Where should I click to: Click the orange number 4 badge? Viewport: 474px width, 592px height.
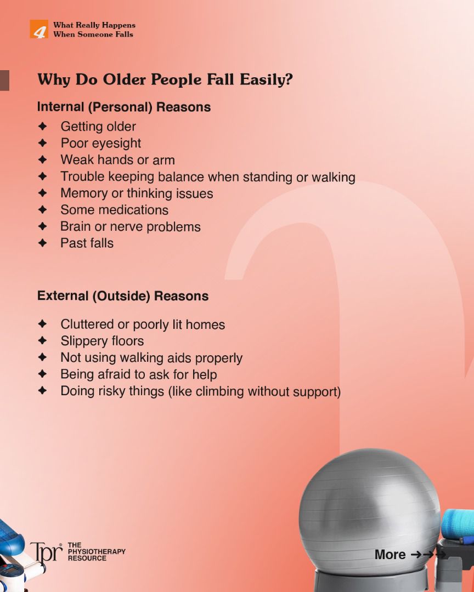point(39,29)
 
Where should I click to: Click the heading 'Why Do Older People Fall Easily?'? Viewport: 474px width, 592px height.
point(165,79)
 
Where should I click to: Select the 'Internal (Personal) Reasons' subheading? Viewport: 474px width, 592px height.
point(124,107)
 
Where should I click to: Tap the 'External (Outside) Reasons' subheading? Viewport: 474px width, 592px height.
point(123,296)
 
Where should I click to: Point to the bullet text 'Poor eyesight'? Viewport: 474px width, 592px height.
point(100,144)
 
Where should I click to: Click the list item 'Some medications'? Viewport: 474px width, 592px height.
point(115,210)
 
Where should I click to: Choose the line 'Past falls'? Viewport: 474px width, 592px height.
point(87,243)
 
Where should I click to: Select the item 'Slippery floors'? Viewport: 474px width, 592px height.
point(102,341)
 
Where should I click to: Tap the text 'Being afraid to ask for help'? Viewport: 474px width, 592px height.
point(139,374)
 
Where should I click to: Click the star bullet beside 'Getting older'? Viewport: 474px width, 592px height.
point(43,126)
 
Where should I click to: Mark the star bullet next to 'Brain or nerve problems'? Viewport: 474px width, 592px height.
point(43,226)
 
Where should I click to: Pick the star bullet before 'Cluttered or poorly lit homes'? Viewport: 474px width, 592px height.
point(43,323)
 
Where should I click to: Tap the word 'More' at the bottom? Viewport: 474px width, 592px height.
point(390,555)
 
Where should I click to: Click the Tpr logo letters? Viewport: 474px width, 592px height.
point(46,553)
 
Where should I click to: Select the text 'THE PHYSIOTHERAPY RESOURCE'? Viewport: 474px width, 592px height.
point(97,551)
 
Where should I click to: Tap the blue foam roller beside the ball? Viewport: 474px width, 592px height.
point(458,525)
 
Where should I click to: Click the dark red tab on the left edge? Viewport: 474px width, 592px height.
point(4,81)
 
